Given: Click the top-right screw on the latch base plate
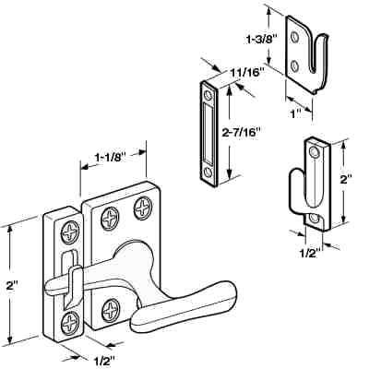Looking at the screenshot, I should click(143, 205).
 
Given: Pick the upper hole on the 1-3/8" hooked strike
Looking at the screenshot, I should click(294, 38).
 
